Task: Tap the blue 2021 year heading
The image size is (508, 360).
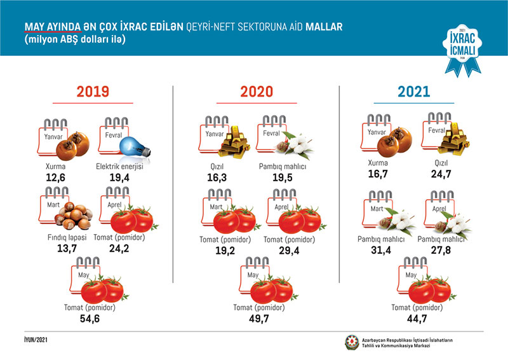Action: pos(414,92)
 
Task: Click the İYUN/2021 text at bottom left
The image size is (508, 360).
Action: pos(32,340)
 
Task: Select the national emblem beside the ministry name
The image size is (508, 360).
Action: pos(351,342)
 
